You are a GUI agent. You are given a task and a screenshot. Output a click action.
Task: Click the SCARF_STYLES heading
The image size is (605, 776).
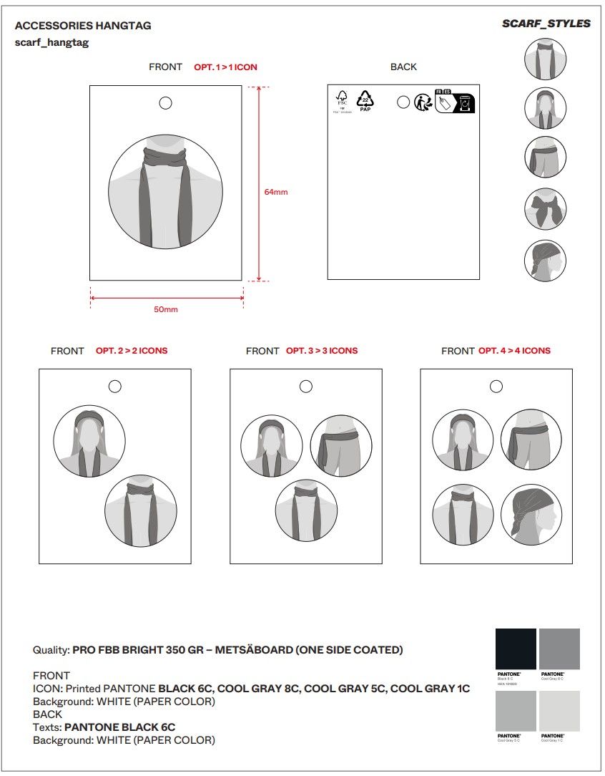[x=546, y=24]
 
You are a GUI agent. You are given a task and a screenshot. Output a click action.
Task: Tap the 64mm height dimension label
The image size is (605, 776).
[x=275, y=192]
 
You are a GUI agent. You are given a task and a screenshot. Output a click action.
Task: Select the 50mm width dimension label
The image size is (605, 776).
[x=165, y=309]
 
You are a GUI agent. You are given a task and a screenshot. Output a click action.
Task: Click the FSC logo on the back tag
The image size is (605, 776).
[x=342, y=101]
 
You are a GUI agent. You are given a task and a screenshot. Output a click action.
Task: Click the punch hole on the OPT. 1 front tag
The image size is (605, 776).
[x=165, y=103]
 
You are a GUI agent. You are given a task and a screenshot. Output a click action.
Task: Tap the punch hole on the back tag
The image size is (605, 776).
[x=403, y=102]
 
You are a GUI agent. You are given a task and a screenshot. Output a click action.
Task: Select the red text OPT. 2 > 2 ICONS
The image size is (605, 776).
[x=132, y=351]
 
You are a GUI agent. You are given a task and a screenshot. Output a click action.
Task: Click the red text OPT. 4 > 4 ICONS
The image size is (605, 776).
[x=514, y=351]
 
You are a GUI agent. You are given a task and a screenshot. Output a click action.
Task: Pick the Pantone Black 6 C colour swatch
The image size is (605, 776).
[x=516, y=649]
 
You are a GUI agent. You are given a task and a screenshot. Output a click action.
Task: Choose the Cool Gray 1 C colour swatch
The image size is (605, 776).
[x=559, y=710]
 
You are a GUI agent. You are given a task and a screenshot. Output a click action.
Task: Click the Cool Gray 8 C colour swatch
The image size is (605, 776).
[x=559, y=649]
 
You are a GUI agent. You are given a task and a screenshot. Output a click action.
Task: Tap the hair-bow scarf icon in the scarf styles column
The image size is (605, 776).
[x=545, y=208]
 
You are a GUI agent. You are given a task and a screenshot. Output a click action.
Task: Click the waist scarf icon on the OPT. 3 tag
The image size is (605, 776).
[x=341, y=446]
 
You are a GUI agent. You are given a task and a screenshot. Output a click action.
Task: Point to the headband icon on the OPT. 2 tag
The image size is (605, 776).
[x=89, y=441]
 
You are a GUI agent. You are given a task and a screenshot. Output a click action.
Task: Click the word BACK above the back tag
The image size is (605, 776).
[x=403, y=67]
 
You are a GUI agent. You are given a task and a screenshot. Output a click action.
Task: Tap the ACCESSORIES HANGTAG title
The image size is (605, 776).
[x=83, y=26]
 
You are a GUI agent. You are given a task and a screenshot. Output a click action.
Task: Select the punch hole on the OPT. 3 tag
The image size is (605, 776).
[x=306, y=387]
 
